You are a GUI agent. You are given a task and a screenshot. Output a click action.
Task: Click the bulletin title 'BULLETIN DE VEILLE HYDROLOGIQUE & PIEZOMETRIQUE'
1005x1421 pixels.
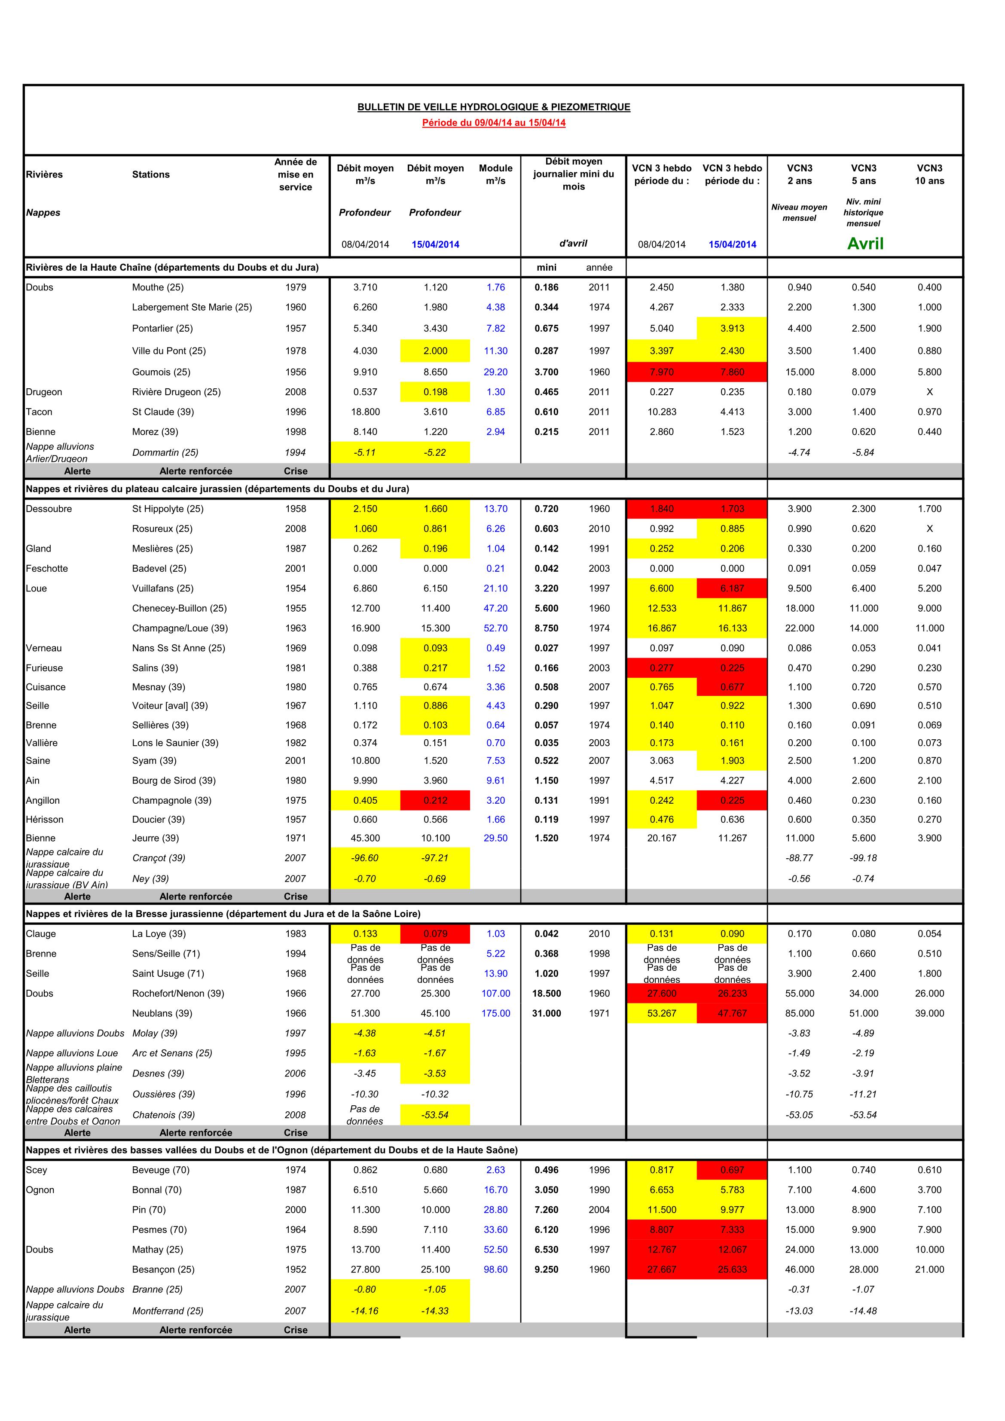click(494, 107)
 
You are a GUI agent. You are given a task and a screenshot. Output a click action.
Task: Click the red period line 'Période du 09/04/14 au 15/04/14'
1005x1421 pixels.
click(494, 122)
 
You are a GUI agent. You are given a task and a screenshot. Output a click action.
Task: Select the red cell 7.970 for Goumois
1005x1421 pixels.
click(661, 372)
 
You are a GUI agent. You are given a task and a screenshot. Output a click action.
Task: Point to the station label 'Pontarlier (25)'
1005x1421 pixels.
click(162, 328)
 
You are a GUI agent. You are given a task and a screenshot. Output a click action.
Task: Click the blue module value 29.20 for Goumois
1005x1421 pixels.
click(495, 372)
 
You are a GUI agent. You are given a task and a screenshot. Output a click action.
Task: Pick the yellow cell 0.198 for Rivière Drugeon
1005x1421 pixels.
click(435, 392)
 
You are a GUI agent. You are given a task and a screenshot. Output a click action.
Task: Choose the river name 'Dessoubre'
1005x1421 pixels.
click(49, 509)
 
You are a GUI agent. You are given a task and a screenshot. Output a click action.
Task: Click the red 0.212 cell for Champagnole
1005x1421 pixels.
click(435, 800)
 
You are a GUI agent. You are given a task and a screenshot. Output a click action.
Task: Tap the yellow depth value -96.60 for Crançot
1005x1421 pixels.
click(365, 858)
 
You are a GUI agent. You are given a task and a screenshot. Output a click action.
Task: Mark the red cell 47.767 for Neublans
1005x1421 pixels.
click(732, 1013)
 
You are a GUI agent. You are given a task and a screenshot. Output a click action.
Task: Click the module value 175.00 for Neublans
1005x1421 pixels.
click(495, 1013)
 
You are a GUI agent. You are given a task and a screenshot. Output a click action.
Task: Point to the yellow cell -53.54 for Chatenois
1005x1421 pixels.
click(435, 1115)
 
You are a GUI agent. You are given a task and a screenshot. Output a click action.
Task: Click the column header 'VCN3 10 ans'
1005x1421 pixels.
click(929, 174)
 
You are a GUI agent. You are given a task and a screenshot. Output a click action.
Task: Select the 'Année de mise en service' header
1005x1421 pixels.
click(295, 174)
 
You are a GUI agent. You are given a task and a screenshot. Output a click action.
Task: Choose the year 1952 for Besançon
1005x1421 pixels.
click(295, 1269)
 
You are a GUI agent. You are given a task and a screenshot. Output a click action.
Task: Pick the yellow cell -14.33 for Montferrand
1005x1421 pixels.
click(435, 1311)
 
